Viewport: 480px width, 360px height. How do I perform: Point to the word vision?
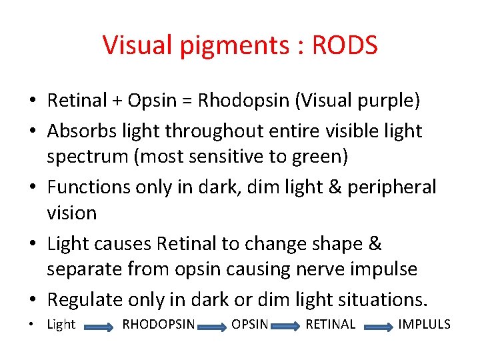[71, 213]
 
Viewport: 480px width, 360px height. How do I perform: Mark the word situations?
[381, 300]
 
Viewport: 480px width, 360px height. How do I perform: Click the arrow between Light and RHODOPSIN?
[99, 327]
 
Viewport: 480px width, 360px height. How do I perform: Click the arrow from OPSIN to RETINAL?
[286, 327]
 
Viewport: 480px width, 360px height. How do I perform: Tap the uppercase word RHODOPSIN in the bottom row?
[159, 325]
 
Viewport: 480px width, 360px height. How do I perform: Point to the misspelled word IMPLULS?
[424, 325]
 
